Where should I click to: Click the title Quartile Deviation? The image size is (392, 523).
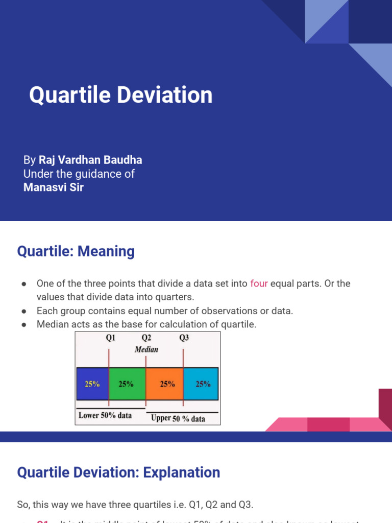(x=120, y=96)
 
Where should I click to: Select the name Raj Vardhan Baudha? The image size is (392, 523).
(x=90, y=160)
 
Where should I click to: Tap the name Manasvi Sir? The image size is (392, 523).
(x=54, y=187)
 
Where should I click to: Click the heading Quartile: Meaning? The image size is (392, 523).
(x=76, y=251)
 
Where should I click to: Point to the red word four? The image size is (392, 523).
(x=259, y=283)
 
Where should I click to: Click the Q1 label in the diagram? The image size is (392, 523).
(x=110, y=338)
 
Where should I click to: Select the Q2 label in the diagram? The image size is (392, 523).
(x=146, y=338)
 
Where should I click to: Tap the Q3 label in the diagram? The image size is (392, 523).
(x=184, y=338)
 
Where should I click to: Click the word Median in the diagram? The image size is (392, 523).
(x=146, y=349)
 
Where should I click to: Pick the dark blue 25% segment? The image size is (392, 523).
(x=92, y=384)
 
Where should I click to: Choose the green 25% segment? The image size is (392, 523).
(x=127, y=384)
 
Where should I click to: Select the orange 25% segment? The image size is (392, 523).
(x=164, y=384)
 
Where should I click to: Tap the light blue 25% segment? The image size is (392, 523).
(x=201, y=384)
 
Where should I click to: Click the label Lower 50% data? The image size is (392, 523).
(x=105, y=415)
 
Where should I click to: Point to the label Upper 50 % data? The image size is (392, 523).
(x=178, y=418)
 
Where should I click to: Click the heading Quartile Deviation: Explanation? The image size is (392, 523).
(x=118, y=472)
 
